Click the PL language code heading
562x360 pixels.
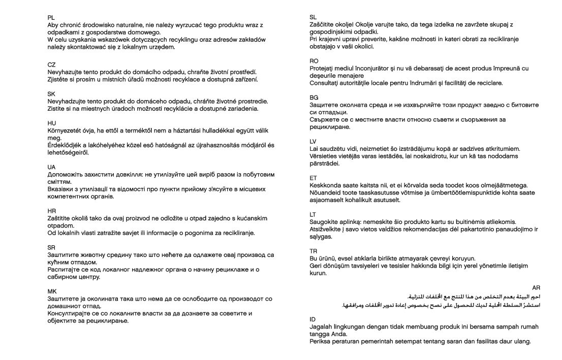pos(51,17)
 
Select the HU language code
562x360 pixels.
pos(51,123)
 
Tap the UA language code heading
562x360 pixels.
pos(51,167)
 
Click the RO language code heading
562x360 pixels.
pos(314,61)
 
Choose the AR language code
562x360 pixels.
pos(536,288)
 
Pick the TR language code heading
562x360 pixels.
pos(314,251)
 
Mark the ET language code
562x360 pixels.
pos(313,178)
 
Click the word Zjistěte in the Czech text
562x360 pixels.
pos(59,80)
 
